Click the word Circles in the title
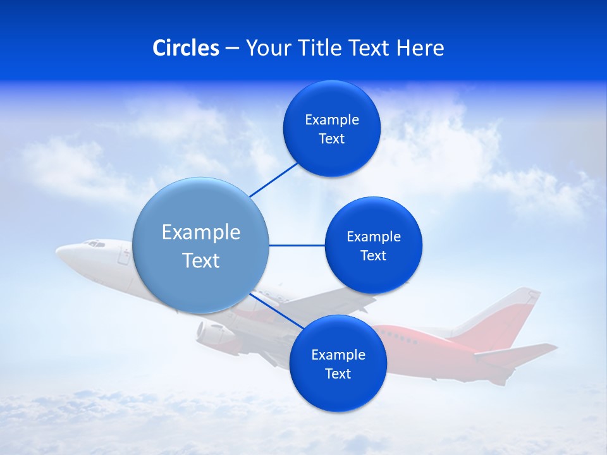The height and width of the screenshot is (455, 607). [x=186, y=48]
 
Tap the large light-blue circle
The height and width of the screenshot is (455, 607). [x=200, y=245]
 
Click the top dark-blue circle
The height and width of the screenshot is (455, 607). [x=331, y=128]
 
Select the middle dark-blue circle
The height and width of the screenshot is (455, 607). [x=373, y=245]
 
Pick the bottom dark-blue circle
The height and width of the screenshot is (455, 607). [x=338, y=363]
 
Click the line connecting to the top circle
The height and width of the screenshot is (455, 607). [x=274, y=179]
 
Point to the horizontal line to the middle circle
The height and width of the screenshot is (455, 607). [x=297, y=245]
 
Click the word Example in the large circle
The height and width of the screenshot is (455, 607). [x=201, y=233]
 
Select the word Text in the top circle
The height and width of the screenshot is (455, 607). [x=331, y=139]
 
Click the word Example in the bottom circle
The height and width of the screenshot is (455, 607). [x=338, y=355]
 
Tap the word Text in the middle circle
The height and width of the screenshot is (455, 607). [x=373, y=255]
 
